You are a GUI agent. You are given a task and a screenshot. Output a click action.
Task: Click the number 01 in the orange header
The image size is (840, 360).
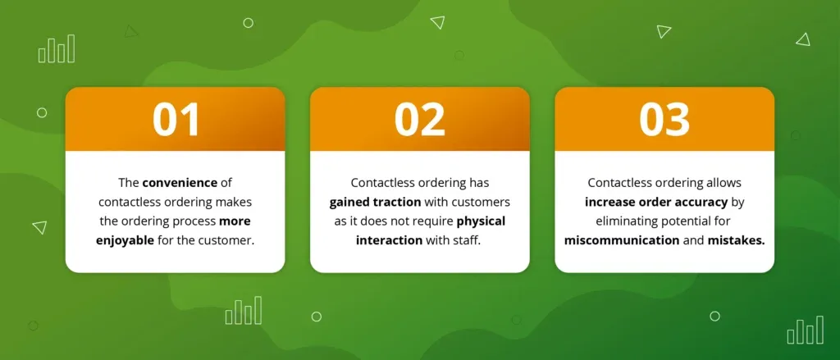click(x=176, y=120)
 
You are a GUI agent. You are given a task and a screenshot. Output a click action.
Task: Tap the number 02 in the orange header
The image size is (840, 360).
click(x=420, y=120)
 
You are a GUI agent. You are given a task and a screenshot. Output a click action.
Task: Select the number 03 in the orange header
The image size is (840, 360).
click(x=664, y=120)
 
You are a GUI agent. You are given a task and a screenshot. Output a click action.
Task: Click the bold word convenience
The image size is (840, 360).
click(x=180, y=183)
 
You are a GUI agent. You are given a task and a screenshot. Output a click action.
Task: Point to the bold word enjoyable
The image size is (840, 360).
click(x=125, y=240)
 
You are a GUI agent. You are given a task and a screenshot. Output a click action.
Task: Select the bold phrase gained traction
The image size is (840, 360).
click(x=375, y=202)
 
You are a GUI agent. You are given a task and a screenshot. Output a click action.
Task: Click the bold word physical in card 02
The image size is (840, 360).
click(x=481, y=221)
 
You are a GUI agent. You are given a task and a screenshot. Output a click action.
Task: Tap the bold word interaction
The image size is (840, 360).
click(x=390, y=240)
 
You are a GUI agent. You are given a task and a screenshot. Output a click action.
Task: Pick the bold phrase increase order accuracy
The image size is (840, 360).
click(x=656, y=202)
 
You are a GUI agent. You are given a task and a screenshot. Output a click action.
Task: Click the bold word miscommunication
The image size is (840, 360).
click(x=622, y=240)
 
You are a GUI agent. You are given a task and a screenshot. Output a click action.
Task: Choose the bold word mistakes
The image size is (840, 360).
click(x=736, y=240)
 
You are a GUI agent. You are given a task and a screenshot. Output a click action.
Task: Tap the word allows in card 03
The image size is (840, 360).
click(x=724, y=183)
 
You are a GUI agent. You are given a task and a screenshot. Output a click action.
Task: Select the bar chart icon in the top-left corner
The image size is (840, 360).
click(x=57, y=48)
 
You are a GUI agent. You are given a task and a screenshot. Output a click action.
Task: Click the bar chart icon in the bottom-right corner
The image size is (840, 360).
click(x=806, y=330)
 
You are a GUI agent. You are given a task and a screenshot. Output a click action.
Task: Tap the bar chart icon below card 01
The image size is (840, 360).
click(x=244, y=310)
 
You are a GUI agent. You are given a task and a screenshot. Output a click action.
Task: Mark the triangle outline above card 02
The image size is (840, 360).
click(x=438, y=22)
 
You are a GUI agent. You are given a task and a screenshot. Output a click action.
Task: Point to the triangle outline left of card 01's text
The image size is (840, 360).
click(x=40, y=227)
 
